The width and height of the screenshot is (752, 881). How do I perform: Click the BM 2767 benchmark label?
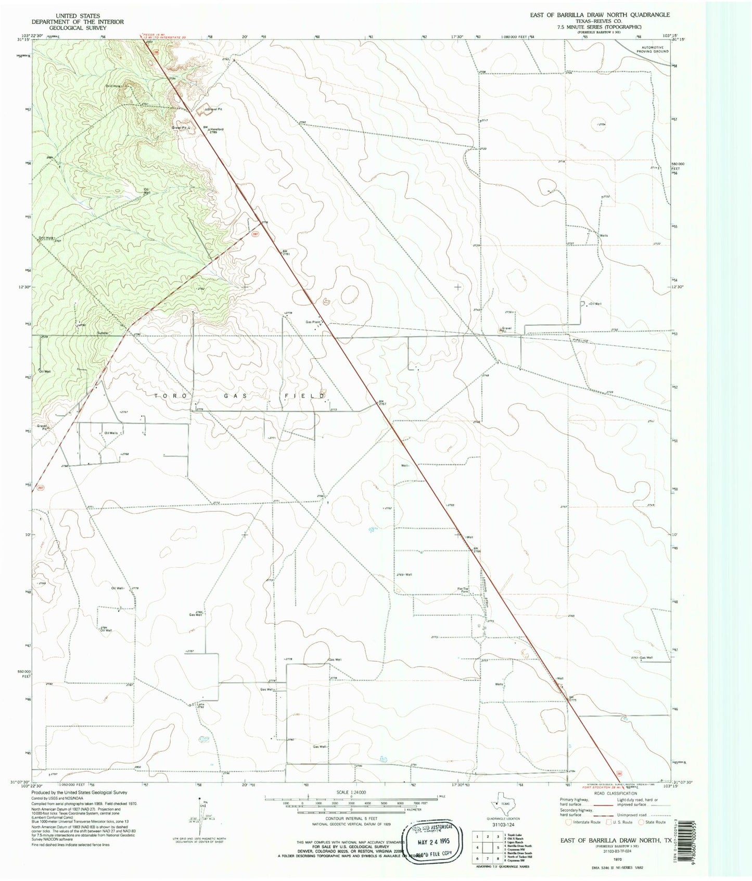pos(382,403)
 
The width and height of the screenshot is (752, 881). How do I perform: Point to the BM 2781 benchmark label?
pos(286,253)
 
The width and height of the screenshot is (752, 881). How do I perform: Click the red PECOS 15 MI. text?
pos(155,35)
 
